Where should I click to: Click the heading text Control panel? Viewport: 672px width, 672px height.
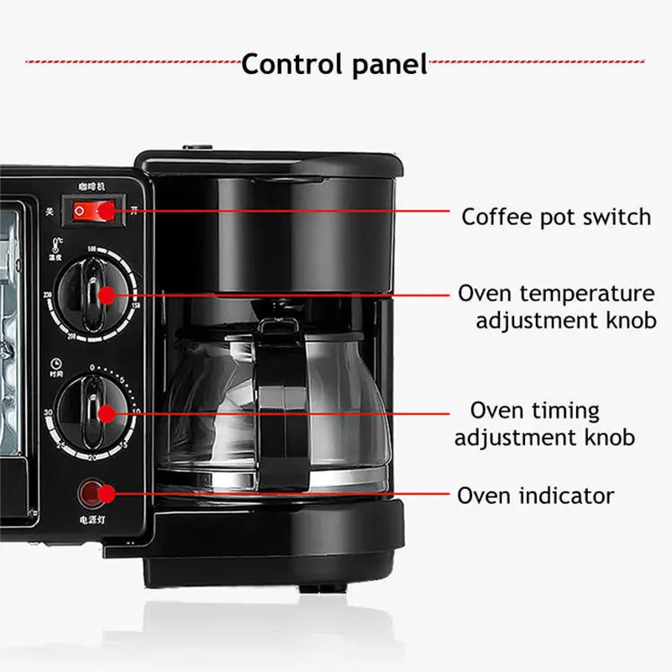334,64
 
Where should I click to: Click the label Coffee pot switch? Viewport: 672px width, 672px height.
556,217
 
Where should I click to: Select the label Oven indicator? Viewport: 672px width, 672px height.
535,496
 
